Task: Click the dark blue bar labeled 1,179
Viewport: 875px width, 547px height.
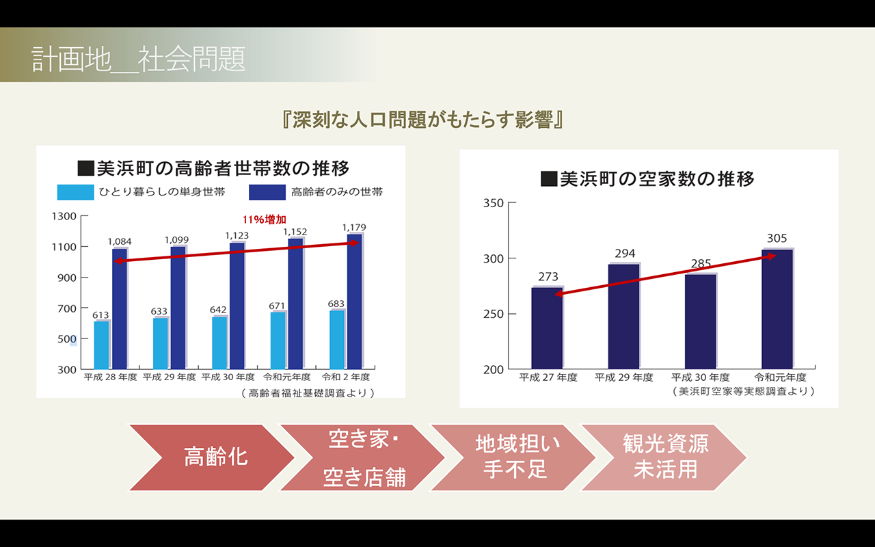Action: point(355,301)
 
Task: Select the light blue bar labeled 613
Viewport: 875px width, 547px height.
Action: point(101,345)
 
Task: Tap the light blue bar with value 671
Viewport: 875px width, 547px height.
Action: point(278,340)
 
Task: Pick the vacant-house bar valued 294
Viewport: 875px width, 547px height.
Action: point(623,317)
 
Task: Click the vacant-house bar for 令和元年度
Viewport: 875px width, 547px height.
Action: point(777,309)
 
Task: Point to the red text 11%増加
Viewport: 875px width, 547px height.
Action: point(264,219)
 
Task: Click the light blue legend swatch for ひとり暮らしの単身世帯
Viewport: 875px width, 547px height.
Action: point(75,192)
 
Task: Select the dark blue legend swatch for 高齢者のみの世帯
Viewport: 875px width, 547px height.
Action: point(267,192)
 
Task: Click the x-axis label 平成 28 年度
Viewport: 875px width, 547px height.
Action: point(110,377)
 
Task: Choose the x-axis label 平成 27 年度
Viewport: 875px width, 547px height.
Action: point(548,377)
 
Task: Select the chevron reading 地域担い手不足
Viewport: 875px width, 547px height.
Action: point(517,457)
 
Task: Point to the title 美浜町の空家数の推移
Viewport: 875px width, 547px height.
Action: point(647,179)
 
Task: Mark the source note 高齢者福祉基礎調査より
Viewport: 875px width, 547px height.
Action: point(308,393)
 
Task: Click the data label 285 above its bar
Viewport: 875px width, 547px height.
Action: point(701,264)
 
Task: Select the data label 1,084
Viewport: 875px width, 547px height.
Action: point(120,242)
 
